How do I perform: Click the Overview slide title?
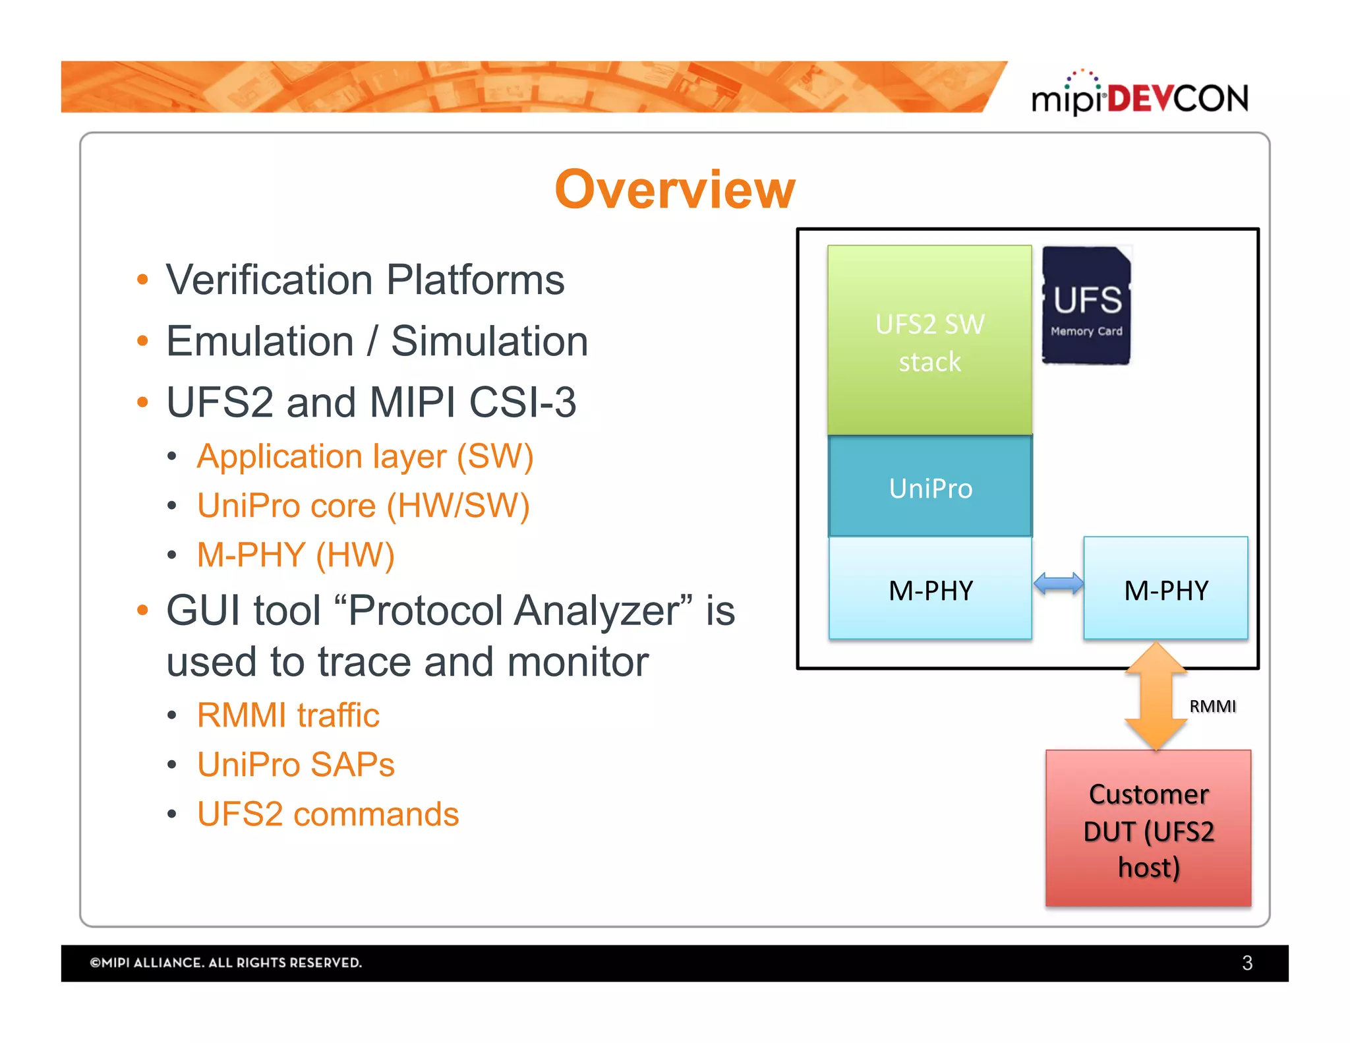pos(675,190)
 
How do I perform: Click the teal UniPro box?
pos(930,488)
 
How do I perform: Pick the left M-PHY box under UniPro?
pos(930,589)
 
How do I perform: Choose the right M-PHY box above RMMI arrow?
pos(1165,589)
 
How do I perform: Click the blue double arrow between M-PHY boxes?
pos(1058,584)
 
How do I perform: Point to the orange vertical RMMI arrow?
pos(1156,698)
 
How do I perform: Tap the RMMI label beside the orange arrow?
pos(1212,706)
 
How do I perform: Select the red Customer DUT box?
pos(1148,829)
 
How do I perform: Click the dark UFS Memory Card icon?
pos(1086,306)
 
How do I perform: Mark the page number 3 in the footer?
pos(1247,963)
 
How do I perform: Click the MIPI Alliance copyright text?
pos(226,963)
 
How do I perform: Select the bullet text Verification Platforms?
pos(365,280)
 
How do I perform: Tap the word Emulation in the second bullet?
pos(260,342)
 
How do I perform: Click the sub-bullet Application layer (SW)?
pos(365,456)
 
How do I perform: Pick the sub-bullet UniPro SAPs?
pos(296,765)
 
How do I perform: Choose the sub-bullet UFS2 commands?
pos(328,814)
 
